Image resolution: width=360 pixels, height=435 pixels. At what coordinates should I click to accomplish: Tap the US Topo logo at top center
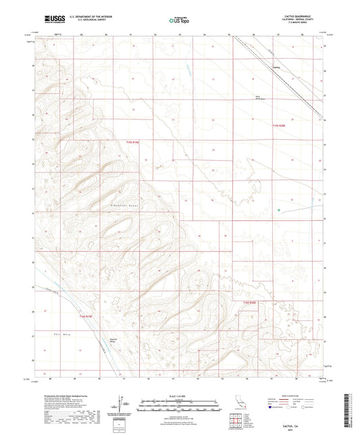click(179, 21)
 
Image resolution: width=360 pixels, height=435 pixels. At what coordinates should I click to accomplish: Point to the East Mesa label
click(59, 334)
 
